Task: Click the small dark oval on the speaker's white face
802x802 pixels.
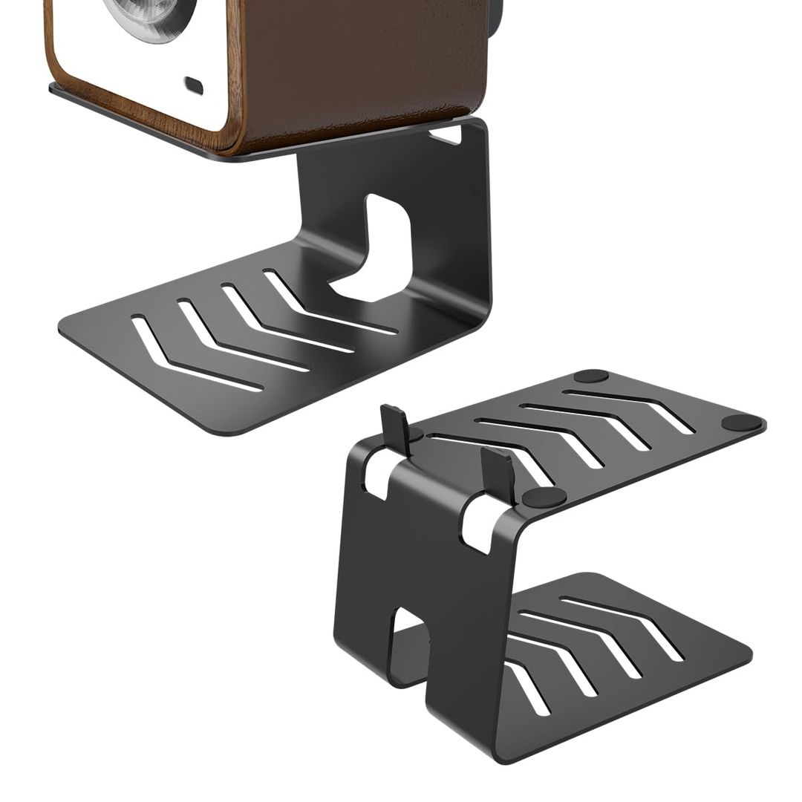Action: tap(194, 85)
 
